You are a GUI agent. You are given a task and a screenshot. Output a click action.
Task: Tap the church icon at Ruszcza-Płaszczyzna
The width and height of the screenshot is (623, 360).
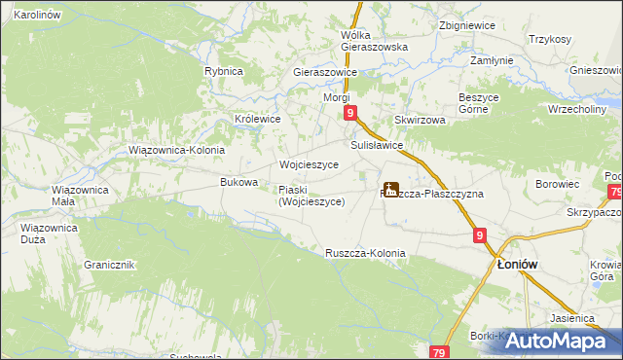[391, 190]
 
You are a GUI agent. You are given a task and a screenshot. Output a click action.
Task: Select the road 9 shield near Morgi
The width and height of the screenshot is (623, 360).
[349, 114]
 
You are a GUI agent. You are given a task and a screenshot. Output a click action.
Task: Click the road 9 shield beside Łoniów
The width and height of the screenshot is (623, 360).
[481, 235]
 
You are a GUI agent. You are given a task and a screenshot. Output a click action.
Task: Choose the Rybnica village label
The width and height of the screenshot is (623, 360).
[223, 71]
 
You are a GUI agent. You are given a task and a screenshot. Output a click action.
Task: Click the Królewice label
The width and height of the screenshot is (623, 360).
[258, 119]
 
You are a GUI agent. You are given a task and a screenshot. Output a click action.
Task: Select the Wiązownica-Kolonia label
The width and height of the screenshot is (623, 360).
[177, 151]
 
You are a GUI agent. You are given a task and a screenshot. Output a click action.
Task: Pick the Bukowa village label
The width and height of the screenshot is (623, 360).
[239, 182]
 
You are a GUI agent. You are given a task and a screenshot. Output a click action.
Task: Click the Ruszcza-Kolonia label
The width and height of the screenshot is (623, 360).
[365, 253]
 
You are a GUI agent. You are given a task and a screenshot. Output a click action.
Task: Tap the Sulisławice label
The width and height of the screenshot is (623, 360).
[370, 145]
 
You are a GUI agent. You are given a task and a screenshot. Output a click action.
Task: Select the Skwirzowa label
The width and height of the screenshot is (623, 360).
[420, 120]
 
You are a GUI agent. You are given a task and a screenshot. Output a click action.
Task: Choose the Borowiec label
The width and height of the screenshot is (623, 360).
[558, 183]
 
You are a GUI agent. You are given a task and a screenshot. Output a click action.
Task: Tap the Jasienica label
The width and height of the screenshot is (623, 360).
[571, 318]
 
